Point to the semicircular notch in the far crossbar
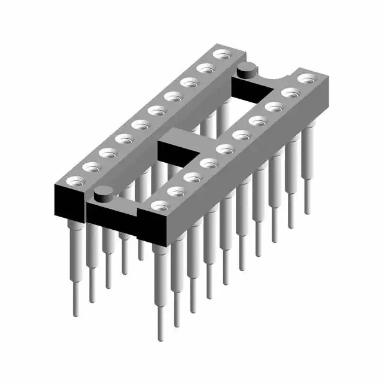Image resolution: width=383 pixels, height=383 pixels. click(x=277, y=78)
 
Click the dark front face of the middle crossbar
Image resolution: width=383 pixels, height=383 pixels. click(x=178, y=152)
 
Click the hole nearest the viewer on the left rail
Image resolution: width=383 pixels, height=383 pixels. click(x=75, y=180)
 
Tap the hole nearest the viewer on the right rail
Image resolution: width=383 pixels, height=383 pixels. click(x=159, y=206)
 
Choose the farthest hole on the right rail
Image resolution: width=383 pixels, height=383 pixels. click(x=306, y=78)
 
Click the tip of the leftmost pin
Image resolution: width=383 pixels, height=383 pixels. click(x=76, y=314)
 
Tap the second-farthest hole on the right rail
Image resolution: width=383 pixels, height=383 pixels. click(x=290, y=92)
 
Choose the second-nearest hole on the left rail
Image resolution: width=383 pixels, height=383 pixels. click(x=92, y=166)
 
